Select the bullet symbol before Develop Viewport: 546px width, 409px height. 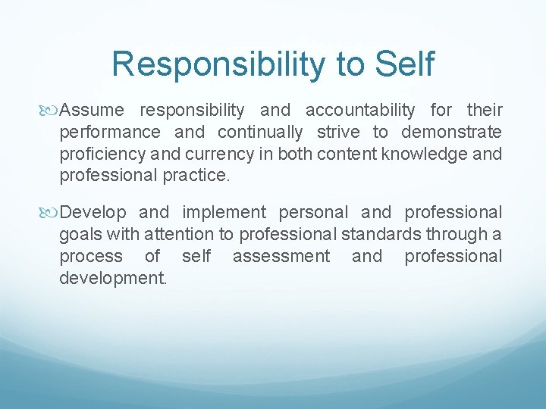[x=52, y=213]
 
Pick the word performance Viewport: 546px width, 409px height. [x=110, y=133]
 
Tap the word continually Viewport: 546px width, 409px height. [x=260, y=133]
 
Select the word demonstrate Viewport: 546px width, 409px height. [x=451, y=133]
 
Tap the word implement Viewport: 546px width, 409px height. [x=223, y=212]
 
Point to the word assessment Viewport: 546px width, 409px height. [x=281, y=256]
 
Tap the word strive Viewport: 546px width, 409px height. [x=338, y=133]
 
